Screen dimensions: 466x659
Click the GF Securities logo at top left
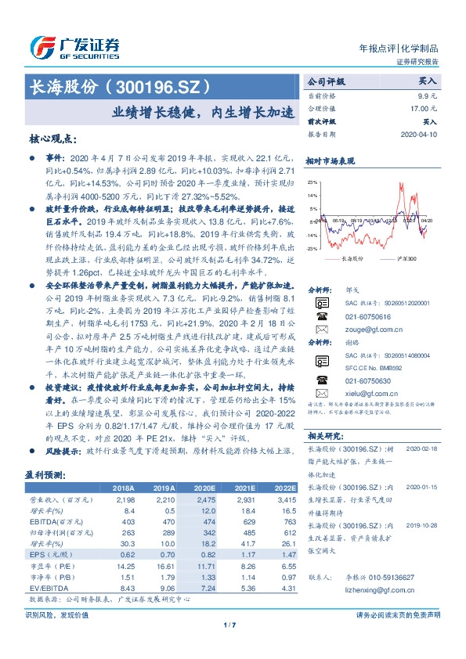pyautogui.click(x=75, y=46)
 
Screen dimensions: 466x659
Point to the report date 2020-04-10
pyautogui.click(x=421, y=135)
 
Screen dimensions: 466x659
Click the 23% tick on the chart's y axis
pyautogui.click(x=312, y=182)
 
